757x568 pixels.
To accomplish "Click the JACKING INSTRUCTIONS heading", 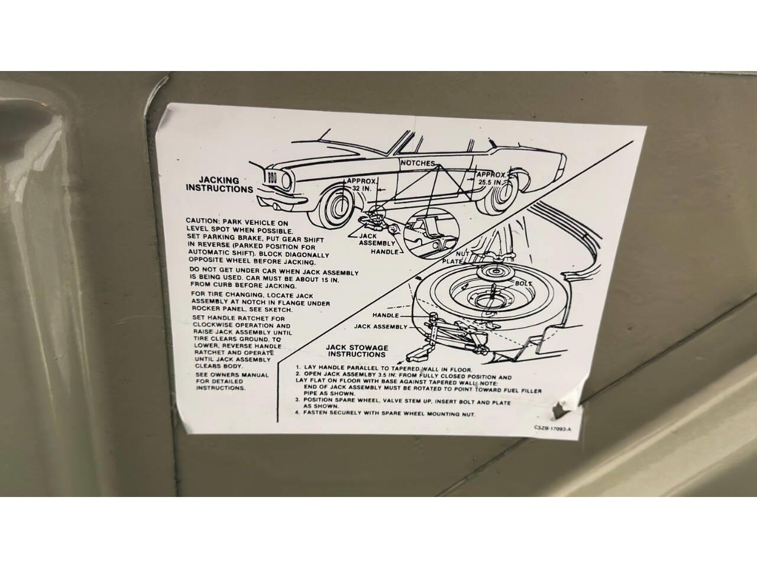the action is pyautogui.click(x=219, y=185).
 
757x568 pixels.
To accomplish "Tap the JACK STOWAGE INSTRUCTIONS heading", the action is pyautogui.click(x=357, y=351).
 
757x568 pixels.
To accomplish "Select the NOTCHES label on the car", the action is pyautogui.click(x=418, y=163).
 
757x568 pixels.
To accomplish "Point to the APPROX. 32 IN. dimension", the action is pyautogui.click(x=360, y=185).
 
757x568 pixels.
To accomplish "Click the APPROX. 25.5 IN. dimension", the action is pyautogui.click(x=491, y=178).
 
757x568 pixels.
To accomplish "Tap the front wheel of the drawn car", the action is pyautogui.click(x=335, y=206).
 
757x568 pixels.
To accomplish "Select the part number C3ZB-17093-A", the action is pyautogui.click(x=552, y=428).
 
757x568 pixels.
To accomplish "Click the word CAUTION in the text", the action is pyautogui.click(x=202, y=221).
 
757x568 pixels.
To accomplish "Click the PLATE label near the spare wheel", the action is pyautogui.click(x=452, y=262).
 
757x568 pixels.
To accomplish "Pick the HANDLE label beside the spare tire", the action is pyautogui.click(x=386, y=315).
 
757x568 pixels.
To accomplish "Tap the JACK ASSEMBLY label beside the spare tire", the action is pyautogui.click(x=381, y=326).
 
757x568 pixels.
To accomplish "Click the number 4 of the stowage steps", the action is pyautogui.click(x=297, y=412).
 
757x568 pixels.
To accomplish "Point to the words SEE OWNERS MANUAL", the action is pyautogui.click(x=232, y=375).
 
